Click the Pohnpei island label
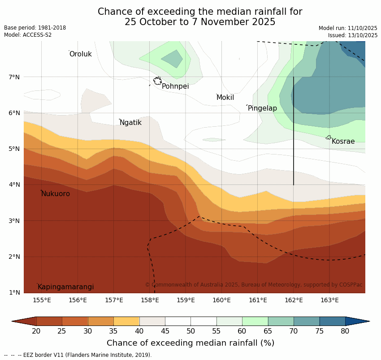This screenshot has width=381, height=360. (175, 86)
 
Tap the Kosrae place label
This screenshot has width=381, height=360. (343, 141)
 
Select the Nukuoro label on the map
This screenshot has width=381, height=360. (56, 194)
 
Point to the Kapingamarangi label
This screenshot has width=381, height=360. (65, 287)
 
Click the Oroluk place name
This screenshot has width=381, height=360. (80, 54)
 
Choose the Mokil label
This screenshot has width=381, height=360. (225, 98)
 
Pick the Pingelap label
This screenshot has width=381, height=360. (262, 108)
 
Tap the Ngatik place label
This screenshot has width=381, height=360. (130, 123)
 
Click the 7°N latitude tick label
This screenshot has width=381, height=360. (14, 77)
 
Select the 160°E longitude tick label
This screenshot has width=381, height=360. (221, 300)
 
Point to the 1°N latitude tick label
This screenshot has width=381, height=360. (14, 292)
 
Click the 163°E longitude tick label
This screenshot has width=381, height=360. (329, 300)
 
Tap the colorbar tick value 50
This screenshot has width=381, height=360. (190, 331)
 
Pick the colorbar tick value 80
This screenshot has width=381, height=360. (345, 331)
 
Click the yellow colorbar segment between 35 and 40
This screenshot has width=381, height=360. (126, 321)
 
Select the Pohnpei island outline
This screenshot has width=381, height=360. (157, 81)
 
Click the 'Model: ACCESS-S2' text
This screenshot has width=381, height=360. (28, 35)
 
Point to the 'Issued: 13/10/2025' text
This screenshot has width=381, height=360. (352, 35)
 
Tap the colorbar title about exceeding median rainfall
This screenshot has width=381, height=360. (190, 343)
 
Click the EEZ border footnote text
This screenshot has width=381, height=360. (78, 355)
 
